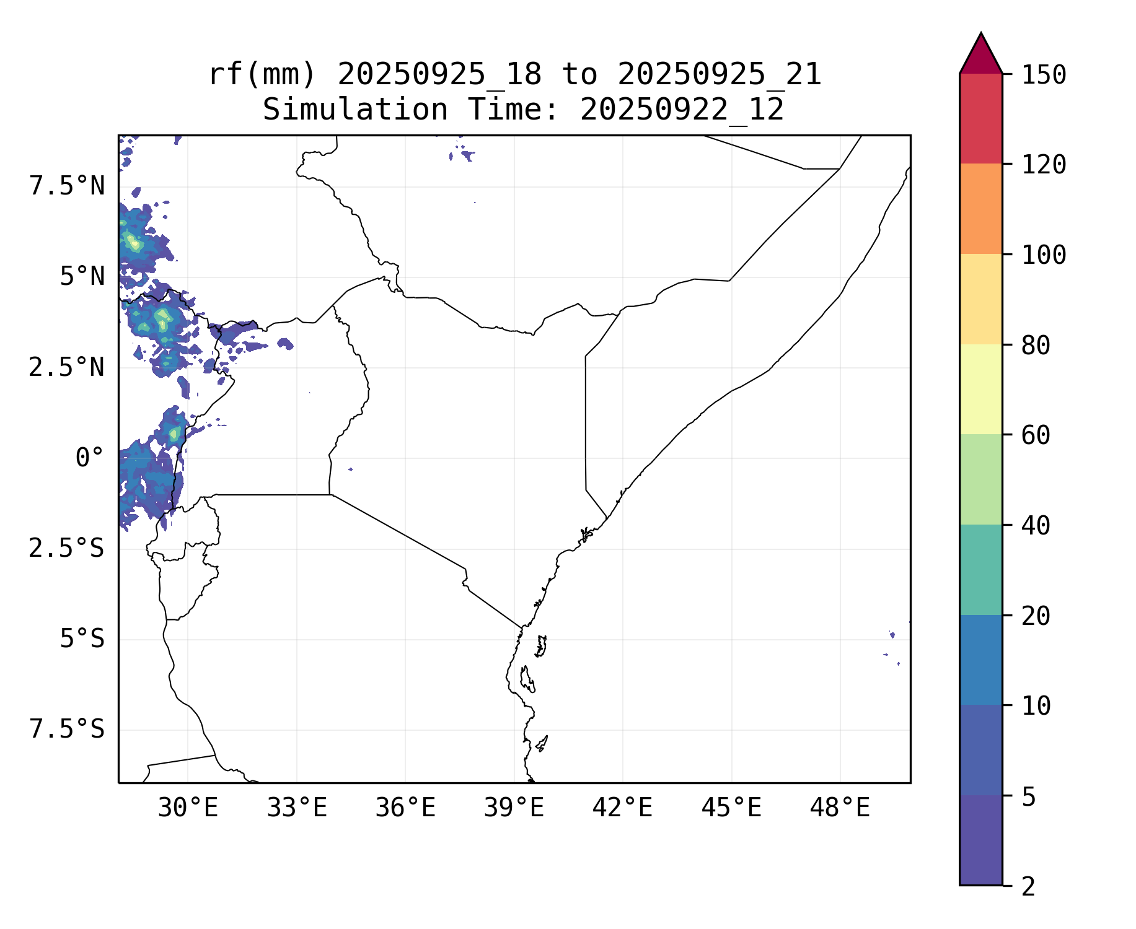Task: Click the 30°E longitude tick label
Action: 188,808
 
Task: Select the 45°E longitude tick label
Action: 731,808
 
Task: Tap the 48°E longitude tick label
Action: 840,808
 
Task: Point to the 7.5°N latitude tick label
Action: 67,186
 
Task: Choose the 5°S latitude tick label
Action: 82,639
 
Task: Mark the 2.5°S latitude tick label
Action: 67,548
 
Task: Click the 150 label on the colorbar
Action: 1044,75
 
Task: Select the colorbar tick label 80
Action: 1036,346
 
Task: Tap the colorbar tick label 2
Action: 1029,887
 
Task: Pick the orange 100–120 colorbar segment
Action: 980,209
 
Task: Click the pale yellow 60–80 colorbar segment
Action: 980,389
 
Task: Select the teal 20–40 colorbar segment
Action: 980,570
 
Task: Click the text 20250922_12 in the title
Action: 682,110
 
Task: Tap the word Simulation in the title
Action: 355,110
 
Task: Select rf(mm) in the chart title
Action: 262,75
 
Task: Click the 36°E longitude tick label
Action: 405,808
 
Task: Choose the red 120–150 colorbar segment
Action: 980,118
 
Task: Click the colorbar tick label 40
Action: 1036,526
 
